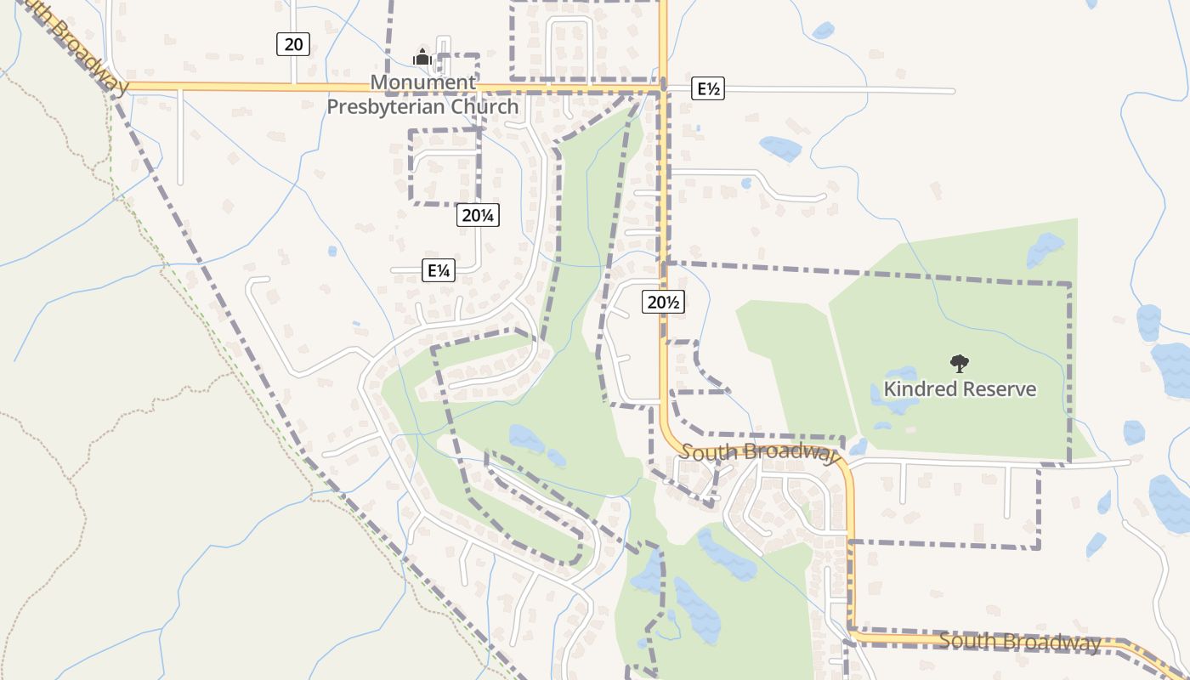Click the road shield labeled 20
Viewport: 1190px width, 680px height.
[x=292, y=44]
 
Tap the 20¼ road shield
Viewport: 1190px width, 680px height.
[x=478, y=215]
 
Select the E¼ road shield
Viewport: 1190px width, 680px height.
[x=439, y=271]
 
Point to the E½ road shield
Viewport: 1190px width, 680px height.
[x=708, y=88]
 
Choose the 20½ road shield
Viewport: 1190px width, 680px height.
[x=664, y=302]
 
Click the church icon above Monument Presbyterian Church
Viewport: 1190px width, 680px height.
[x=422, y=58]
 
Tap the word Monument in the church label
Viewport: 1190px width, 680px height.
[x=422, y=82]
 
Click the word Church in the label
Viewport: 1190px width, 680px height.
[x=484, y=106]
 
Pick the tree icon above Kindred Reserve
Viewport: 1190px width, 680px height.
[x=960, y=364]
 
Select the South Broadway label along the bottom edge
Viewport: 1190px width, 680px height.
[x=1020, y=642]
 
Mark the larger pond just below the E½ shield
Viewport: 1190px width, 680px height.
[x=780, y=149]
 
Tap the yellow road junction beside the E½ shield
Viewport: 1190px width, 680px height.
[x=663, y=88]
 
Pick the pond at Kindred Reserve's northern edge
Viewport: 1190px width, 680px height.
[x=1045, y=249]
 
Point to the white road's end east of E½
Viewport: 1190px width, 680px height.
[x=953, y=91]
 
